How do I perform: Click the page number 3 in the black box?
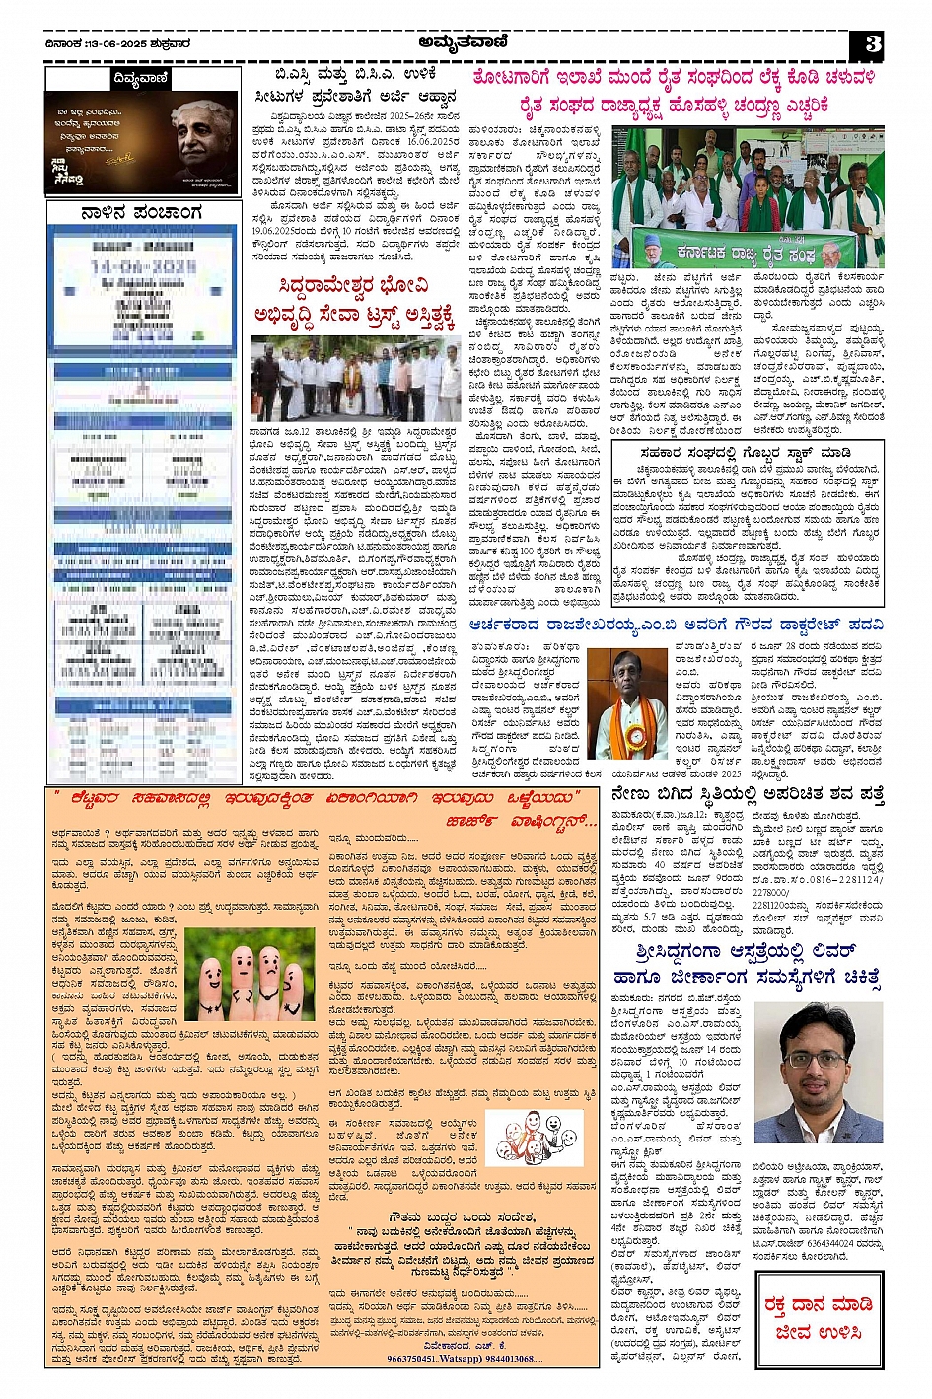[x=872, y=44]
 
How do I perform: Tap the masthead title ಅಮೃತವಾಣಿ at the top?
[x=465, y=41]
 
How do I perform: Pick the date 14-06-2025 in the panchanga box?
[x=143, y=267]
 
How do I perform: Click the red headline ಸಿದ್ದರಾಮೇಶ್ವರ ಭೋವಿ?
[x=354, y=287]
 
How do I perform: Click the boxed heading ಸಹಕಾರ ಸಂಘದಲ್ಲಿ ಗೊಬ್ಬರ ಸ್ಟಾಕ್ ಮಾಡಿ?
[x=745, y=453]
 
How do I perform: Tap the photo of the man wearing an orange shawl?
[x=627, y=703]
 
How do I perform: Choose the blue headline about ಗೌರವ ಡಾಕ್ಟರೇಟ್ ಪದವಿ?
[x=677, y=624]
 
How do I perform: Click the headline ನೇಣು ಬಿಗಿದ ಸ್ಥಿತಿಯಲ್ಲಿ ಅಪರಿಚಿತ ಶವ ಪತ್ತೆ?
[x=747, y=794]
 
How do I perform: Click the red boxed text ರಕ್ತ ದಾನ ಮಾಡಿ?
[x=818, y=1305]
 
